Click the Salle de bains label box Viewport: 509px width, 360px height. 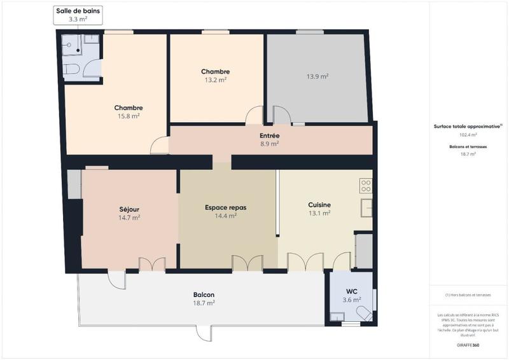[78, 15]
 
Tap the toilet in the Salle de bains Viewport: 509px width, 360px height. [72, 69]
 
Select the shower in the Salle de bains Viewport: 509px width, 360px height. [73, 45]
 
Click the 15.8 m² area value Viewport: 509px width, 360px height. [129, 116]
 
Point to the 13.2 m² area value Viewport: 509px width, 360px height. [215, 80]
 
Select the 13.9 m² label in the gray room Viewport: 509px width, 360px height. [317, 76]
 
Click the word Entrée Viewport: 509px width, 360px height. [269, 135]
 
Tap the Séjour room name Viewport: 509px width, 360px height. [129, 209]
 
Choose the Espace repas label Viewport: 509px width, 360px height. [225, 207]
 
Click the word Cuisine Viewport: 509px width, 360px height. [319, 205]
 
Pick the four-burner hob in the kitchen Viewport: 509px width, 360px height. [366, 186]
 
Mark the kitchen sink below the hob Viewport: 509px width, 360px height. [366, 208]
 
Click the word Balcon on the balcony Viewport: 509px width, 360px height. [204, 294]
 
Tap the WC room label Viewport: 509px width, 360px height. [351, 291]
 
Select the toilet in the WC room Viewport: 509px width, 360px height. [365, 314]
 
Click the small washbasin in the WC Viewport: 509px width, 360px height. [337, 316]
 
